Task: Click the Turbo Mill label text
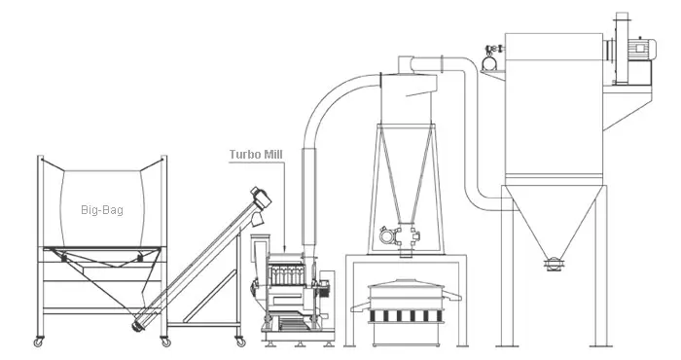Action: coord(255,154)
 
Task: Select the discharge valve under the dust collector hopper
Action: coord(554,261)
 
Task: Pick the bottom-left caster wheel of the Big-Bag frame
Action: coord(40,342)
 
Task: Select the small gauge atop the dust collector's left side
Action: coord(489,60)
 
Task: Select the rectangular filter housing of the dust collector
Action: coord(555,107)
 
